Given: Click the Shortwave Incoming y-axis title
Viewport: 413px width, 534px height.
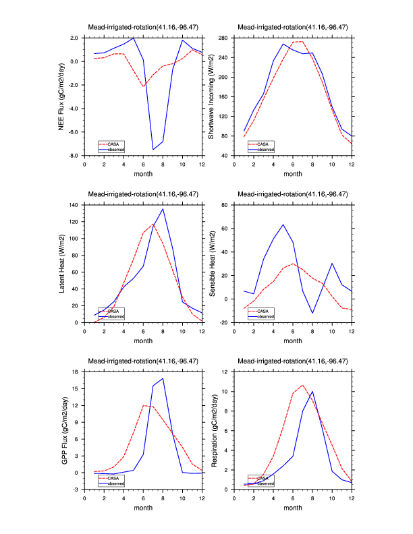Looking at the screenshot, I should [211, 96].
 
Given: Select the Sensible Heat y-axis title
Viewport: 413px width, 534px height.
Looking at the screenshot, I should [211, 263].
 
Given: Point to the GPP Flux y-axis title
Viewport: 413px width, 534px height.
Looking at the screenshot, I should [65, 430].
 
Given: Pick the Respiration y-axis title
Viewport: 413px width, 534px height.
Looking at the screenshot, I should [215, 430].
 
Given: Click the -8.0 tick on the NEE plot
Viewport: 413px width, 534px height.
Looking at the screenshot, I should [74, 156].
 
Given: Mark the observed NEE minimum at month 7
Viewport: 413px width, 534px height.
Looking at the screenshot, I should [153, 149].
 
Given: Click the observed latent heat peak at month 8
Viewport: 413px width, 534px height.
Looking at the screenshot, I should [163, 208].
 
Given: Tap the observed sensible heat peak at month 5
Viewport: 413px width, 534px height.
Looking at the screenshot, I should [283, 225].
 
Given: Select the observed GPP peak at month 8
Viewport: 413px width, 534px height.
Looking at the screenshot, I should [163, 378].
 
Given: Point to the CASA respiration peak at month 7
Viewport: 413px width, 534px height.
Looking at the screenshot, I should [302, 386].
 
